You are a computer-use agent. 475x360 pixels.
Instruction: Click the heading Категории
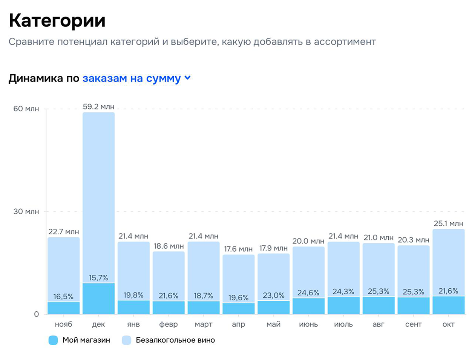(x=57, y=20)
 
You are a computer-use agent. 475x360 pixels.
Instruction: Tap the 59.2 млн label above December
(x=98, y=107)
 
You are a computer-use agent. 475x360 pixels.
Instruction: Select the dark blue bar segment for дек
(x=98, y=298)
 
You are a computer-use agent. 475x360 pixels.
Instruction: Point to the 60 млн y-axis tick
(x=26, y=109)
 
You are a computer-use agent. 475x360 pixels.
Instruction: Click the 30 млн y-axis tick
(x=26, y=211)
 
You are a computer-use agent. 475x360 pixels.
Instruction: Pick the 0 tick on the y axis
(x=36, y=314)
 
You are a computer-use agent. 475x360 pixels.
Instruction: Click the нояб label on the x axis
(x=63, y=325)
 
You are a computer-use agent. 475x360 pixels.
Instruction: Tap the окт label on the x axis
(x=448, y=325)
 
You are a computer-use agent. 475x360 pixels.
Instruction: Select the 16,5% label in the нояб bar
(x=63, y=297)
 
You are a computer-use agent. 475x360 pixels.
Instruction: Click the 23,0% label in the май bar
(x=273, y=295)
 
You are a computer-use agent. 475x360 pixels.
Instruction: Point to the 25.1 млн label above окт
(x=448, y=224)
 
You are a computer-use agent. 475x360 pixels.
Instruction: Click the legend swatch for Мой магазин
(x=53, y=340)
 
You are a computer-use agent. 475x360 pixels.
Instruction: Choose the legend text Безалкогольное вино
(x=175, y=340)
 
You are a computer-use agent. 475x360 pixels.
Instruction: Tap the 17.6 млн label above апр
(x=238, y=249)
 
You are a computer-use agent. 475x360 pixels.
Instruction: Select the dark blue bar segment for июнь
(x=308, y=306)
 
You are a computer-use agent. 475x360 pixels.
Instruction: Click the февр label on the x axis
(x=169, y=325)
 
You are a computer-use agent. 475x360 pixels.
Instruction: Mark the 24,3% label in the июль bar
(x=343, y=292)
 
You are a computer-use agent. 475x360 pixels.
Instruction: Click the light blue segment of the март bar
(x=204, y=268)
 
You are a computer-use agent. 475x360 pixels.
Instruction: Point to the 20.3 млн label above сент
(x=414, y=240)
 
